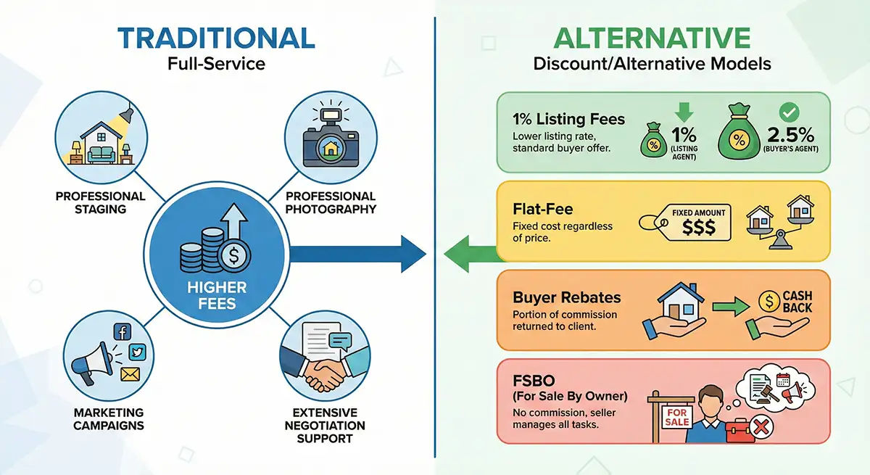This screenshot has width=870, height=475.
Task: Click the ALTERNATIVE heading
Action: tap(652, 37)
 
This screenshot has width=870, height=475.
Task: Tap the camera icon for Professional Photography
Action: tap(321, 137)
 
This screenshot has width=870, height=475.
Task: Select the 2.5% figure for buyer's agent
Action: tap(790, 135)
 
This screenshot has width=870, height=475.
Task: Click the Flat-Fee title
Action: tap(543, 209)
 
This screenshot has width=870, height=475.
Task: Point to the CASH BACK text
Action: tap(797, 302)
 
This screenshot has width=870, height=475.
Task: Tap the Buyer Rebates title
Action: tap(566, 297)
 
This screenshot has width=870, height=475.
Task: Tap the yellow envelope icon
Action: tap(130, 375)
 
